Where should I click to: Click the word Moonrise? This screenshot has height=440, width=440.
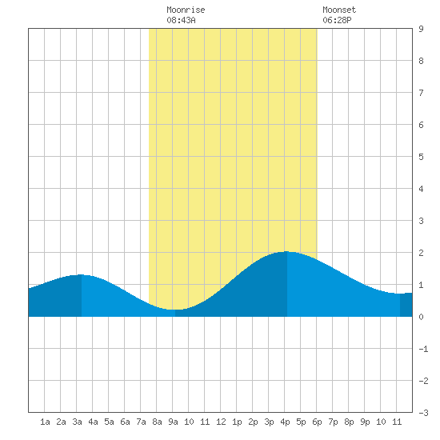coord(186,10)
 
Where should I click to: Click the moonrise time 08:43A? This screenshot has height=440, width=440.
coord(181,20)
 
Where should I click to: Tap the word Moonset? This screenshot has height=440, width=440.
coord(339,10)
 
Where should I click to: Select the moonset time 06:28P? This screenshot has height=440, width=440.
coord(337,20)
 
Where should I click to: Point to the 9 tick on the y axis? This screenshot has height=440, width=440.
coord(421,29)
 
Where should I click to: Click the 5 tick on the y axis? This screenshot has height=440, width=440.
coord(421,157)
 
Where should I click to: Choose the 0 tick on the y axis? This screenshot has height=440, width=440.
coord(421,317)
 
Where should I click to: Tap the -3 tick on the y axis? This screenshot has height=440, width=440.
coord(423,413)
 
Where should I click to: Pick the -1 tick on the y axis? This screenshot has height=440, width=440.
coord(423,349)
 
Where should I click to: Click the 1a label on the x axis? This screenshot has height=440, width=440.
coord(45,422)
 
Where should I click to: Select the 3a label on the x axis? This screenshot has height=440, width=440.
coord(77,422)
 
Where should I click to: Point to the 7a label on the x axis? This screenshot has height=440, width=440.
coord(141,422)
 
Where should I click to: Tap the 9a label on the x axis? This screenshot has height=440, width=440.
coord(173,422)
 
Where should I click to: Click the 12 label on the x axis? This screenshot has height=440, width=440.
coord(221,422)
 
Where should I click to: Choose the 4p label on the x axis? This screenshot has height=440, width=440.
coord(285,422)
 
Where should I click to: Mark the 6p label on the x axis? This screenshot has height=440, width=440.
coord(317,422)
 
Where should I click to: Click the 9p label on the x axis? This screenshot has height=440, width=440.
coord(365,422)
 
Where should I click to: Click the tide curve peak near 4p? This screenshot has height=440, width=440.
coord(286,252)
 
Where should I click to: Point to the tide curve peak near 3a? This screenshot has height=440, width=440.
coord(82,274)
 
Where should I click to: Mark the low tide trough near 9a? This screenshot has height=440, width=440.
coord(175,310)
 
